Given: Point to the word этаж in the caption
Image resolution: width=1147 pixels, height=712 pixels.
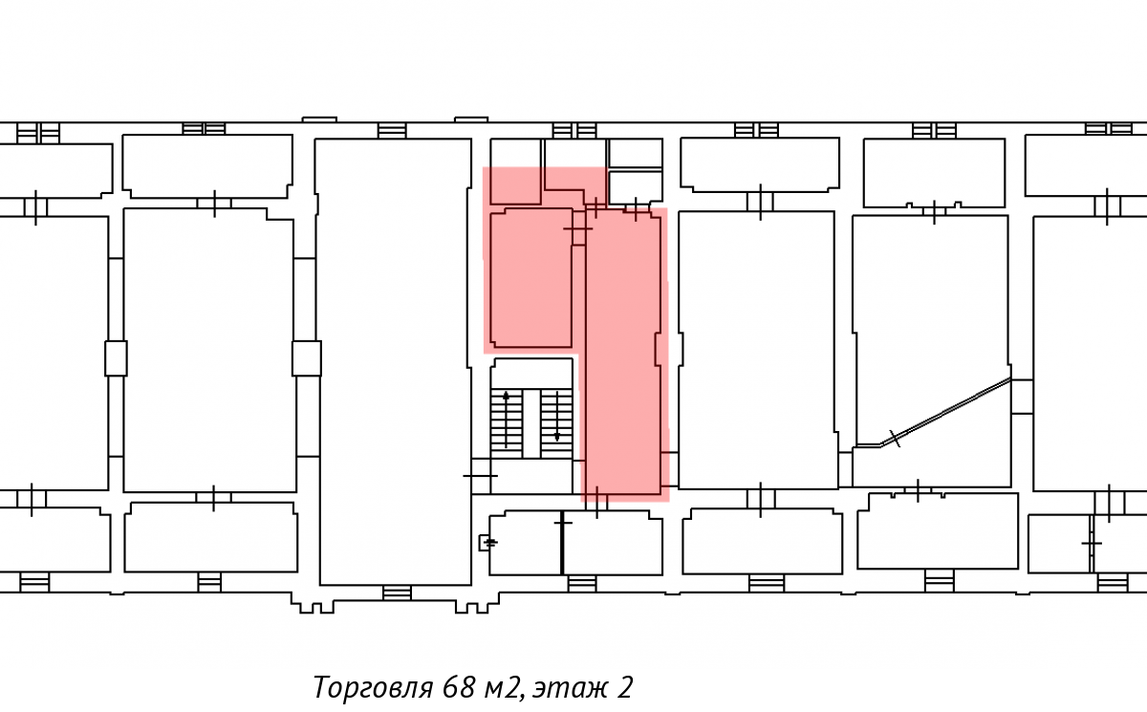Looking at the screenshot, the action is pyautogui.click(x=570, y=688).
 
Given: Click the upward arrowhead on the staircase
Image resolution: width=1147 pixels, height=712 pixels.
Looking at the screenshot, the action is pyautogui.click(x=506, y=396).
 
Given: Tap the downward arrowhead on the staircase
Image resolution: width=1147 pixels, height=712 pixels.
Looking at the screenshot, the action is pyautogui.click(x=557, y=437).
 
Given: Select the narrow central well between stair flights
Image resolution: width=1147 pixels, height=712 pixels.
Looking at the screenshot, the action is pyautogui.click(x=531, y=423).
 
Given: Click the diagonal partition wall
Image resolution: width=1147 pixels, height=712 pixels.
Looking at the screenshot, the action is pyautogui.click(x=933, y=413).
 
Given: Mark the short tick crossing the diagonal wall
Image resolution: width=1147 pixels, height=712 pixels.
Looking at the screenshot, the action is pyautogui.click(x=894, y=438).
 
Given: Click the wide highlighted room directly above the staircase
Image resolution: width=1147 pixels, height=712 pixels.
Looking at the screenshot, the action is pyautogui.click(x=531, y=278).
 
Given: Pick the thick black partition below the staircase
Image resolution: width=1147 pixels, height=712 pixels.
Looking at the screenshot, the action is pyautogui.click(x=562, y=542).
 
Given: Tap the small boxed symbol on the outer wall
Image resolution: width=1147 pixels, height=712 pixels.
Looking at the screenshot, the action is pyautogui.click(x=486, y=543).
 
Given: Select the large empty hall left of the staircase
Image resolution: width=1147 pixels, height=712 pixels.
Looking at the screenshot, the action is pyautogui.click(x=393, y=361).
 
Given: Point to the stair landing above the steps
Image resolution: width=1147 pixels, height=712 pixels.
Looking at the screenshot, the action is pyautogui.click(x=531, y=374).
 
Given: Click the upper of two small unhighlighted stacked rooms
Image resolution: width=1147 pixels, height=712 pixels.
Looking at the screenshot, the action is pyautogui.click(x=636, y=153).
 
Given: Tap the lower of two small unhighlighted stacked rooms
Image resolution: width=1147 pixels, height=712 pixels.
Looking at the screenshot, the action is pyautogui.click(x=636, y=186).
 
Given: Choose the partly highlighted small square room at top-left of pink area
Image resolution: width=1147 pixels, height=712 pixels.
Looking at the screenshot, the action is pyautogui.click(x=515, y=171).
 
